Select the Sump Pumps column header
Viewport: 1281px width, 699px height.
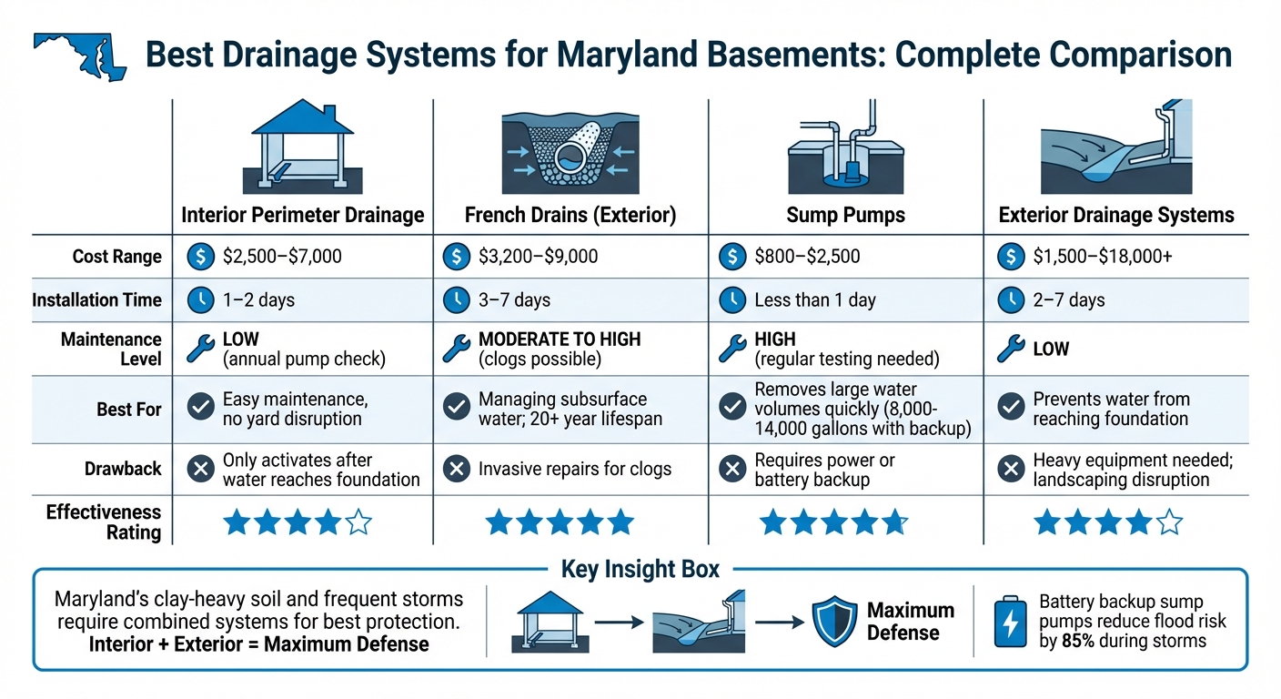[845, 215]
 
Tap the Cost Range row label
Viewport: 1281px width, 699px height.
[116, 257]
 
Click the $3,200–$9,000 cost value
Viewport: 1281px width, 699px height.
[538, 257]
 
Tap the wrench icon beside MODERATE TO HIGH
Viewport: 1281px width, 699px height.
[455, 349]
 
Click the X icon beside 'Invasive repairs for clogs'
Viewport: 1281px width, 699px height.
[455, 470]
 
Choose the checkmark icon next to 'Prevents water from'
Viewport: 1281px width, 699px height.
[1010, 408]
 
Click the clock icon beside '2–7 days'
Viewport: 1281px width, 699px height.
[1010, 300]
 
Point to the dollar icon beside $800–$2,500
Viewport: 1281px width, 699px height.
[731, 257]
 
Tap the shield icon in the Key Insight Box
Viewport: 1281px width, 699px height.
[833, 622]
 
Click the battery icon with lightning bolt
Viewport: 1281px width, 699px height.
[1010, 622]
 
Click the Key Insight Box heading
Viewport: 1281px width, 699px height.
[640, 570]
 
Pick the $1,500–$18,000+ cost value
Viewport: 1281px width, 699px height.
[1103, 257]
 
